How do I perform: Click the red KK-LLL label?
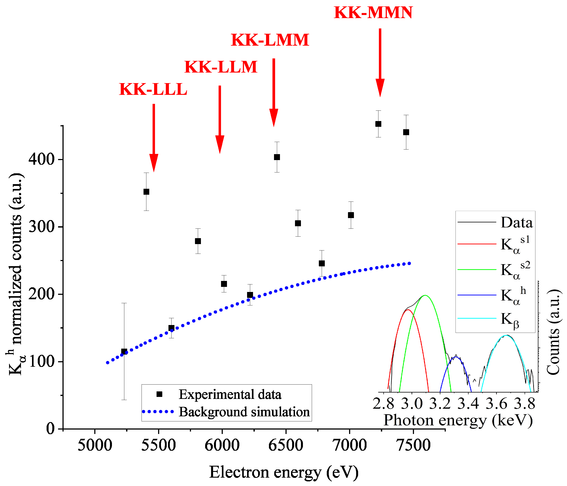point(153,89)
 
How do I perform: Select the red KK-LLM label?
point(221,67)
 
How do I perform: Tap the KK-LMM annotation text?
point(270,40)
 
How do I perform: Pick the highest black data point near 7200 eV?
point(378,124)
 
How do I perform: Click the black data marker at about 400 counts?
point(277,157)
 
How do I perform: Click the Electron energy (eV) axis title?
point(284,472)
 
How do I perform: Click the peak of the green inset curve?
point(425,295)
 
